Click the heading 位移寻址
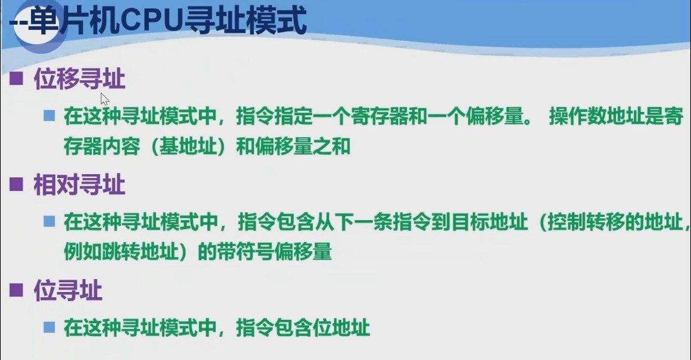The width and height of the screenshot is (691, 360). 79,80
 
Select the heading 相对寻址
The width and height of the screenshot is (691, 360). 79,186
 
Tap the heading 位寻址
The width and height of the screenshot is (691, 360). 67,291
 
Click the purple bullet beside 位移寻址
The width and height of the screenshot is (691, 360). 16,81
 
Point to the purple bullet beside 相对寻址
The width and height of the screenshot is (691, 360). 16,186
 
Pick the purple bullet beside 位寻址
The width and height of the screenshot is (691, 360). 16,291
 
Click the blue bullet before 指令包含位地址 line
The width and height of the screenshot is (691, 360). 49,327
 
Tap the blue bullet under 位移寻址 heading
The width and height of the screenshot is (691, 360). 49,116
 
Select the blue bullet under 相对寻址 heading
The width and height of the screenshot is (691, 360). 49,221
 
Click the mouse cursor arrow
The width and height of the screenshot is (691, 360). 104,98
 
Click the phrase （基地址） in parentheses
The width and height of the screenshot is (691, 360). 181,146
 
